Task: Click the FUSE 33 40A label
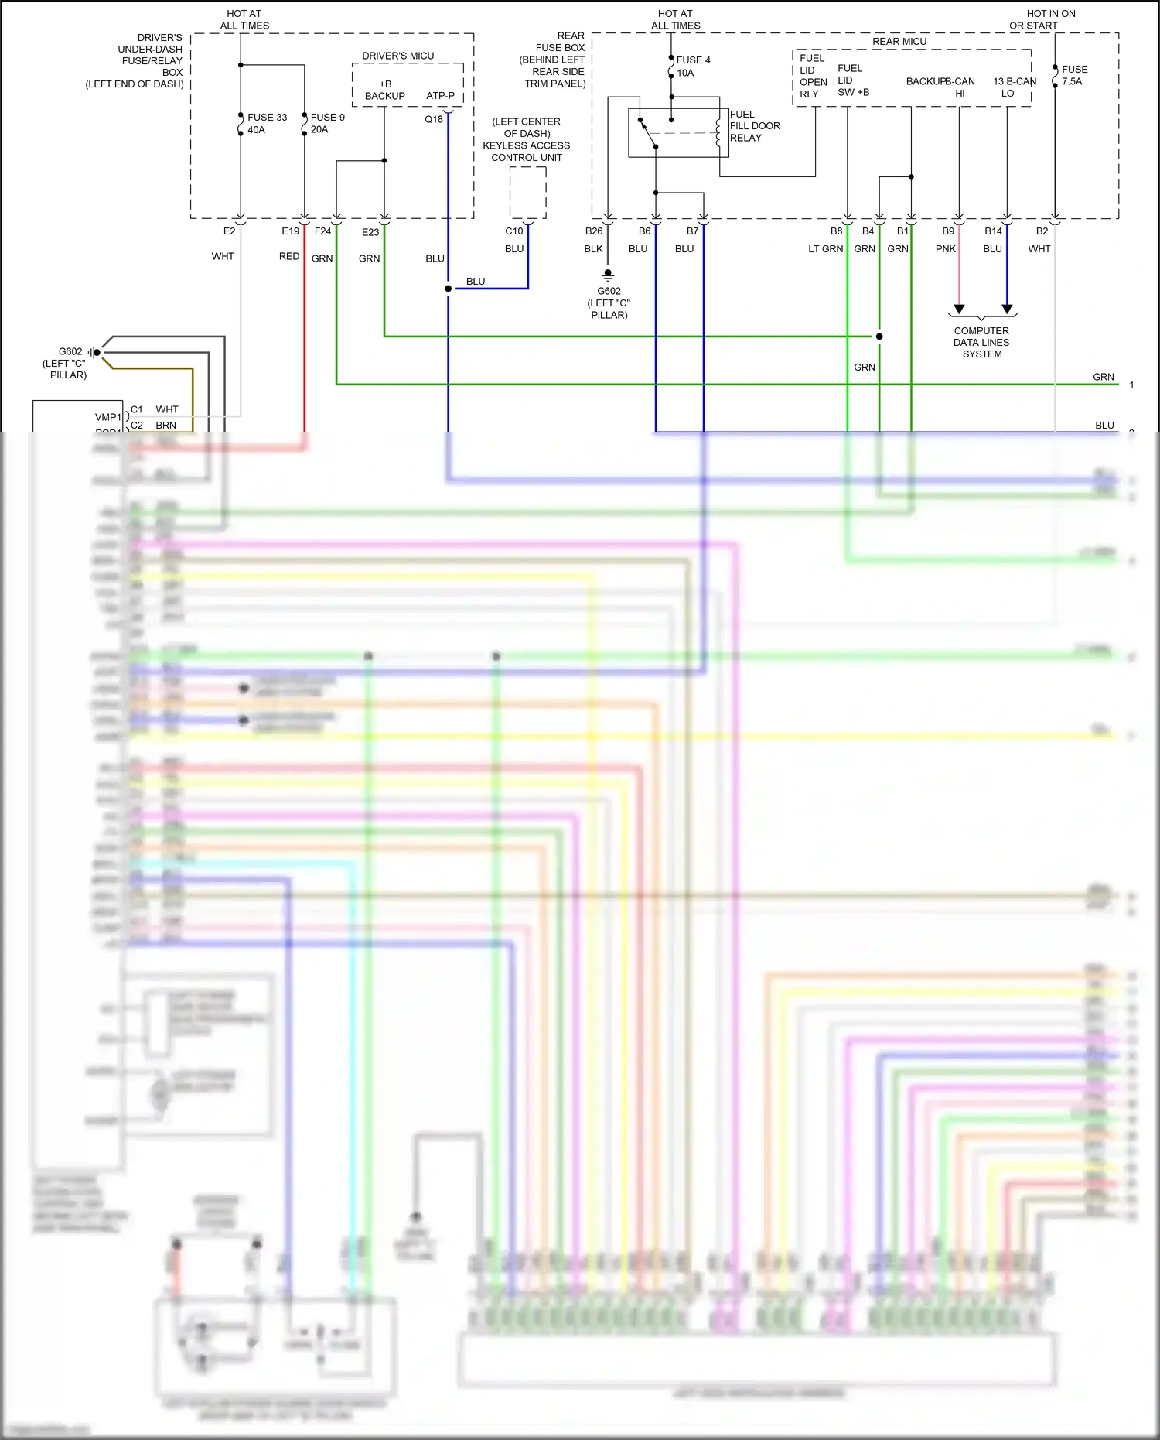[266, 124]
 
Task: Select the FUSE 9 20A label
[326, 123]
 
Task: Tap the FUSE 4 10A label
[692, 67]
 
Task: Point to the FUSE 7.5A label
[1073, 75]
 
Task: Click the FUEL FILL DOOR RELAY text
[754, 126]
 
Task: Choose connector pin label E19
[290, 231]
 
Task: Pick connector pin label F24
[322, 231]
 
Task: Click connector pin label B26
[593, 231]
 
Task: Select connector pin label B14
[993, 231]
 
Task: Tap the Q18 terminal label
[434, 119]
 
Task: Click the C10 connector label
[514, 231]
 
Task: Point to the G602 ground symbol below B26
[608, 275]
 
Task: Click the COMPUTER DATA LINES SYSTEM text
[981, 342]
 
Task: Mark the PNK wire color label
[945, 249]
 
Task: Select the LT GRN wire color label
[825, 249]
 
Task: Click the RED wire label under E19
[288, 256]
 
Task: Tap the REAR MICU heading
[899, 42]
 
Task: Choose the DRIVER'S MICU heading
[397, 56]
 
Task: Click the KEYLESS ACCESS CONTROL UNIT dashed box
[527, 193]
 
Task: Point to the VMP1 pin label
[107, 417]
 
